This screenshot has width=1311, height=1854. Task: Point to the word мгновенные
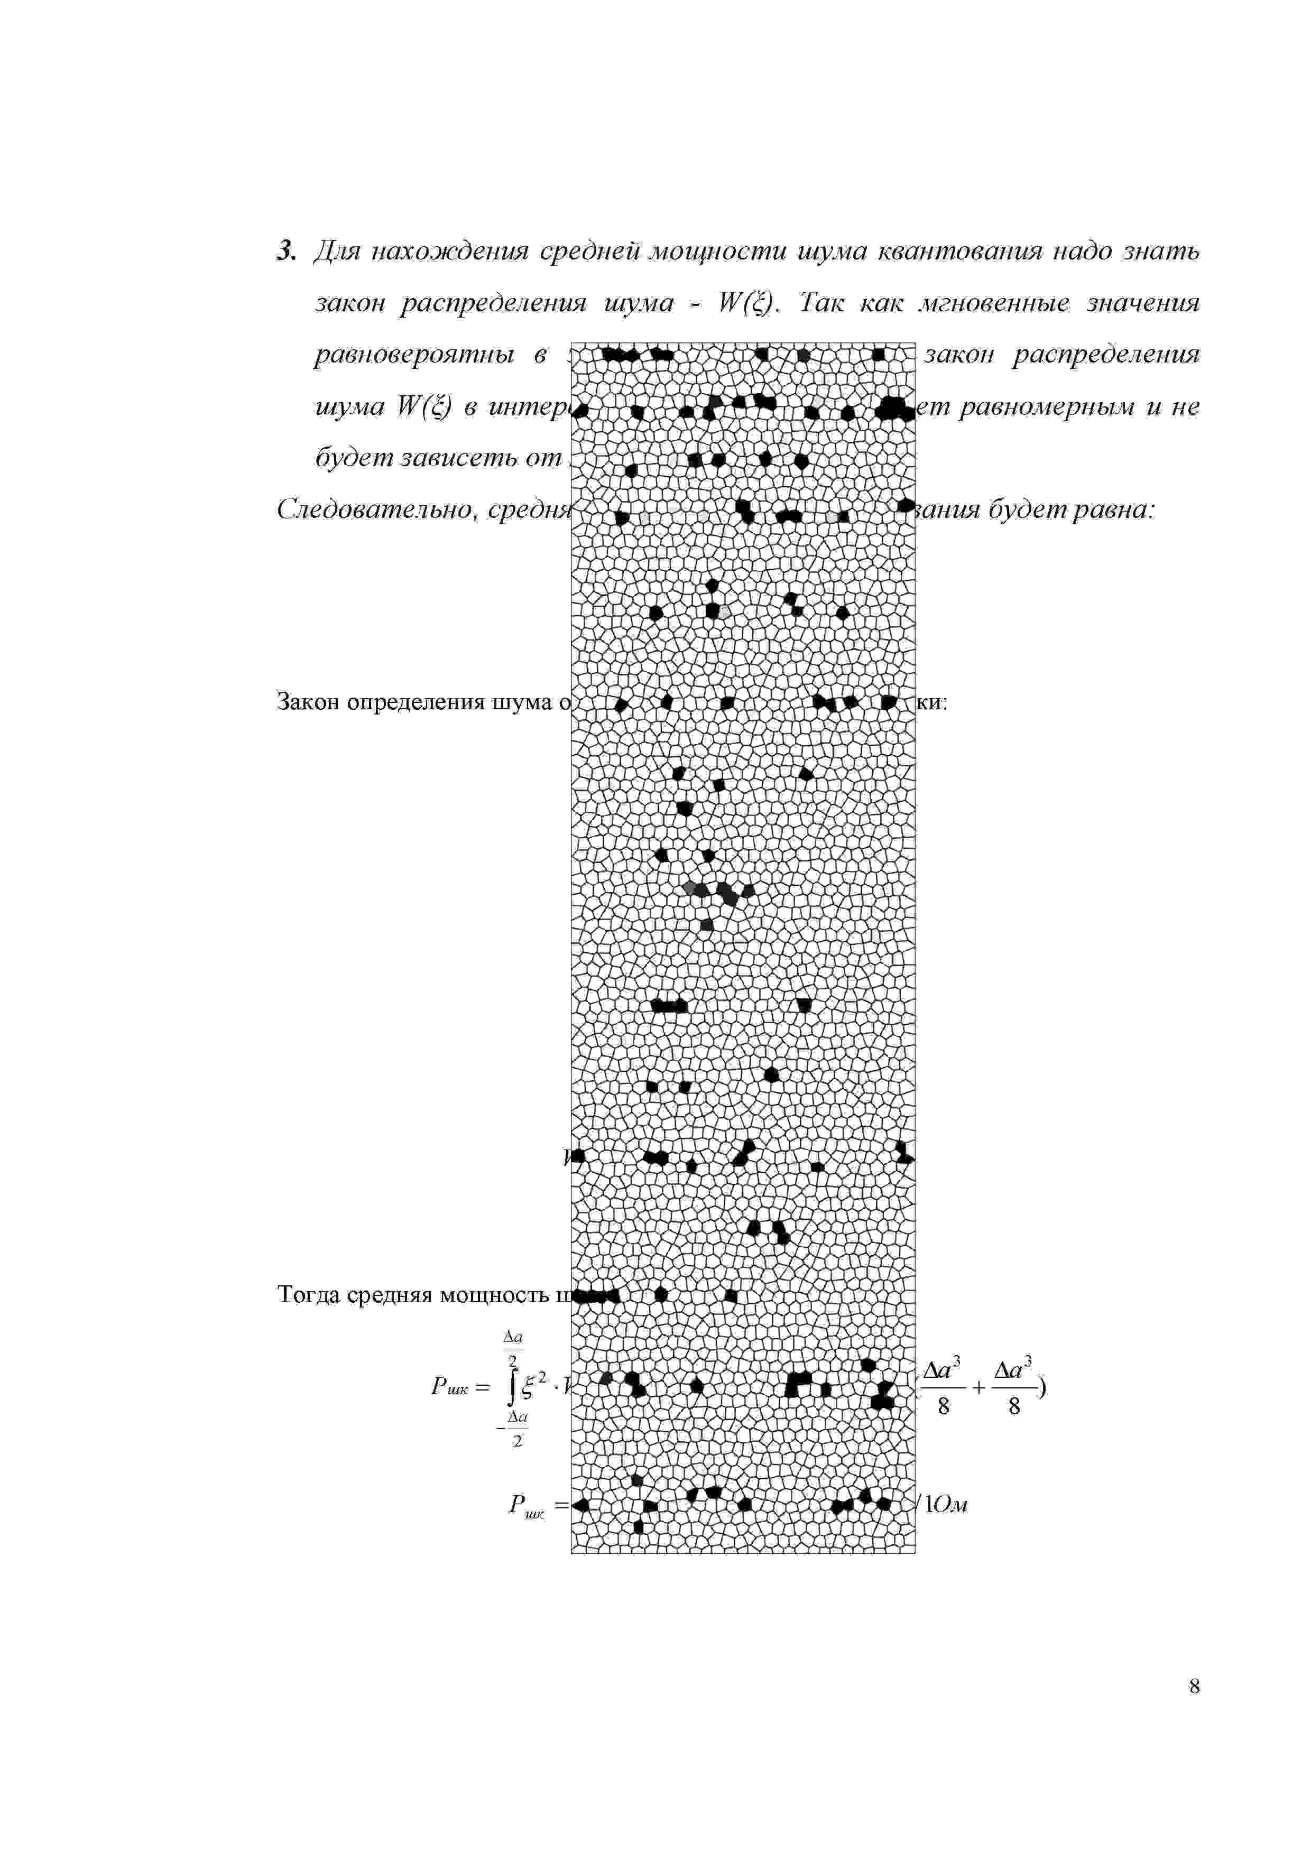(993, 303)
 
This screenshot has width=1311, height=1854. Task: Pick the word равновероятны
(413, 355)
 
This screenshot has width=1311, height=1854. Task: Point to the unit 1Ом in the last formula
(946, 1504)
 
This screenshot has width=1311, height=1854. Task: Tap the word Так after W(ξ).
(820, 303)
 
